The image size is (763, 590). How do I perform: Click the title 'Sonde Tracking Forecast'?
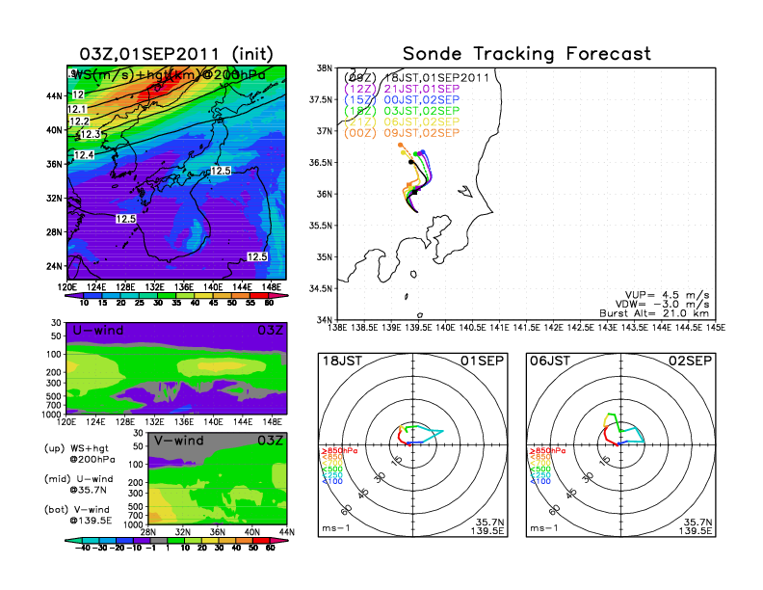tap(526, 54)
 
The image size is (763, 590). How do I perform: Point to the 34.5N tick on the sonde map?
tap(321, 288)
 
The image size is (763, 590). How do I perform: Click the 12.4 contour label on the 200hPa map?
tap(84, 155)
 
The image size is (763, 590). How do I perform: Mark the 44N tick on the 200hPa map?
tap(56, 95)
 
